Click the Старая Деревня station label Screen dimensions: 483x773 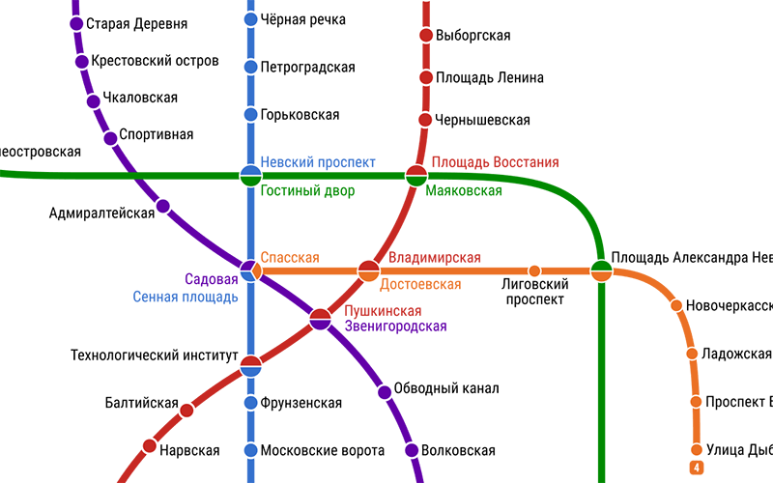pyautogui.click(x=136, y=24)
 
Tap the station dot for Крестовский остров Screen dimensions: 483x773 pyautogui.click(x=81, y=62)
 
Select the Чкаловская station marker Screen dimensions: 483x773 pyautogui.click(x=94, y=100)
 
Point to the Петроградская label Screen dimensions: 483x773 pyautogui.click(x=307, y=68)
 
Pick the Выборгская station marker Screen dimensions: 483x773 pyautogui.click(x=425, y=36)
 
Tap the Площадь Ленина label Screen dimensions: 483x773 pyautogui.click(x=489, y=78)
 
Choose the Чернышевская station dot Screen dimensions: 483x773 pyautogui.click(x=425, y=120)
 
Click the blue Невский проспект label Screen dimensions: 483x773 pyautogui.click(x=318, y=162)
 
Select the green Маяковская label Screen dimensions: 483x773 pyautogui.click(x=464, y=191)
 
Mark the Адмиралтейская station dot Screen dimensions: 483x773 pyautogui.click(x=163, y=206)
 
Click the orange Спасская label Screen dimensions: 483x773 pyautogui.click(x=290, y=258)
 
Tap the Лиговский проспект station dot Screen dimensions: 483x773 pyautogui.click(x=534, y=271)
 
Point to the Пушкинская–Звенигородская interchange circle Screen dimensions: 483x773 pyautogui.click(x=321, y=319)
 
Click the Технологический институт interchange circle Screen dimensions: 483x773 pyautogui.click(x=250, y=365)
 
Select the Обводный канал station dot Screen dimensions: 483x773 pyautogui.click(x=385, y=391)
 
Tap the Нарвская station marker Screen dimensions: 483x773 pyautogui.click(x=150, y=446)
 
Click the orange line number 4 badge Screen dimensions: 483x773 pyautogui.click(x=695, y=469)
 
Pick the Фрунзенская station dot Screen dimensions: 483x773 pyautogui.click(x=250, y=403)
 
